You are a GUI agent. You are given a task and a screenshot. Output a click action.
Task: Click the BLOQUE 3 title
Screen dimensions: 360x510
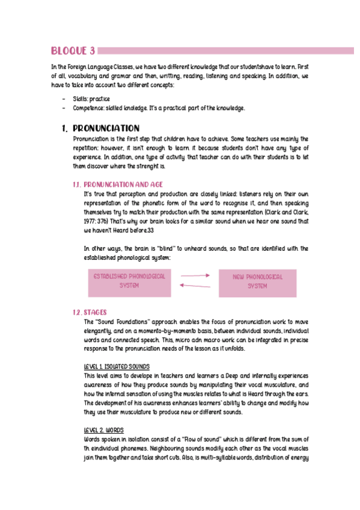point(72,50)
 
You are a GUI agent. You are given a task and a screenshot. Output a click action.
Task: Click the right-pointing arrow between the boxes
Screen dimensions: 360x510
point(195,275)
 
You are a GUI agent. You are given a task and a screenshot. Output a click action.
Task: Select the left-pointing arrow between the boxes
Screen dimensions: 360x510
point(195,286)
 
